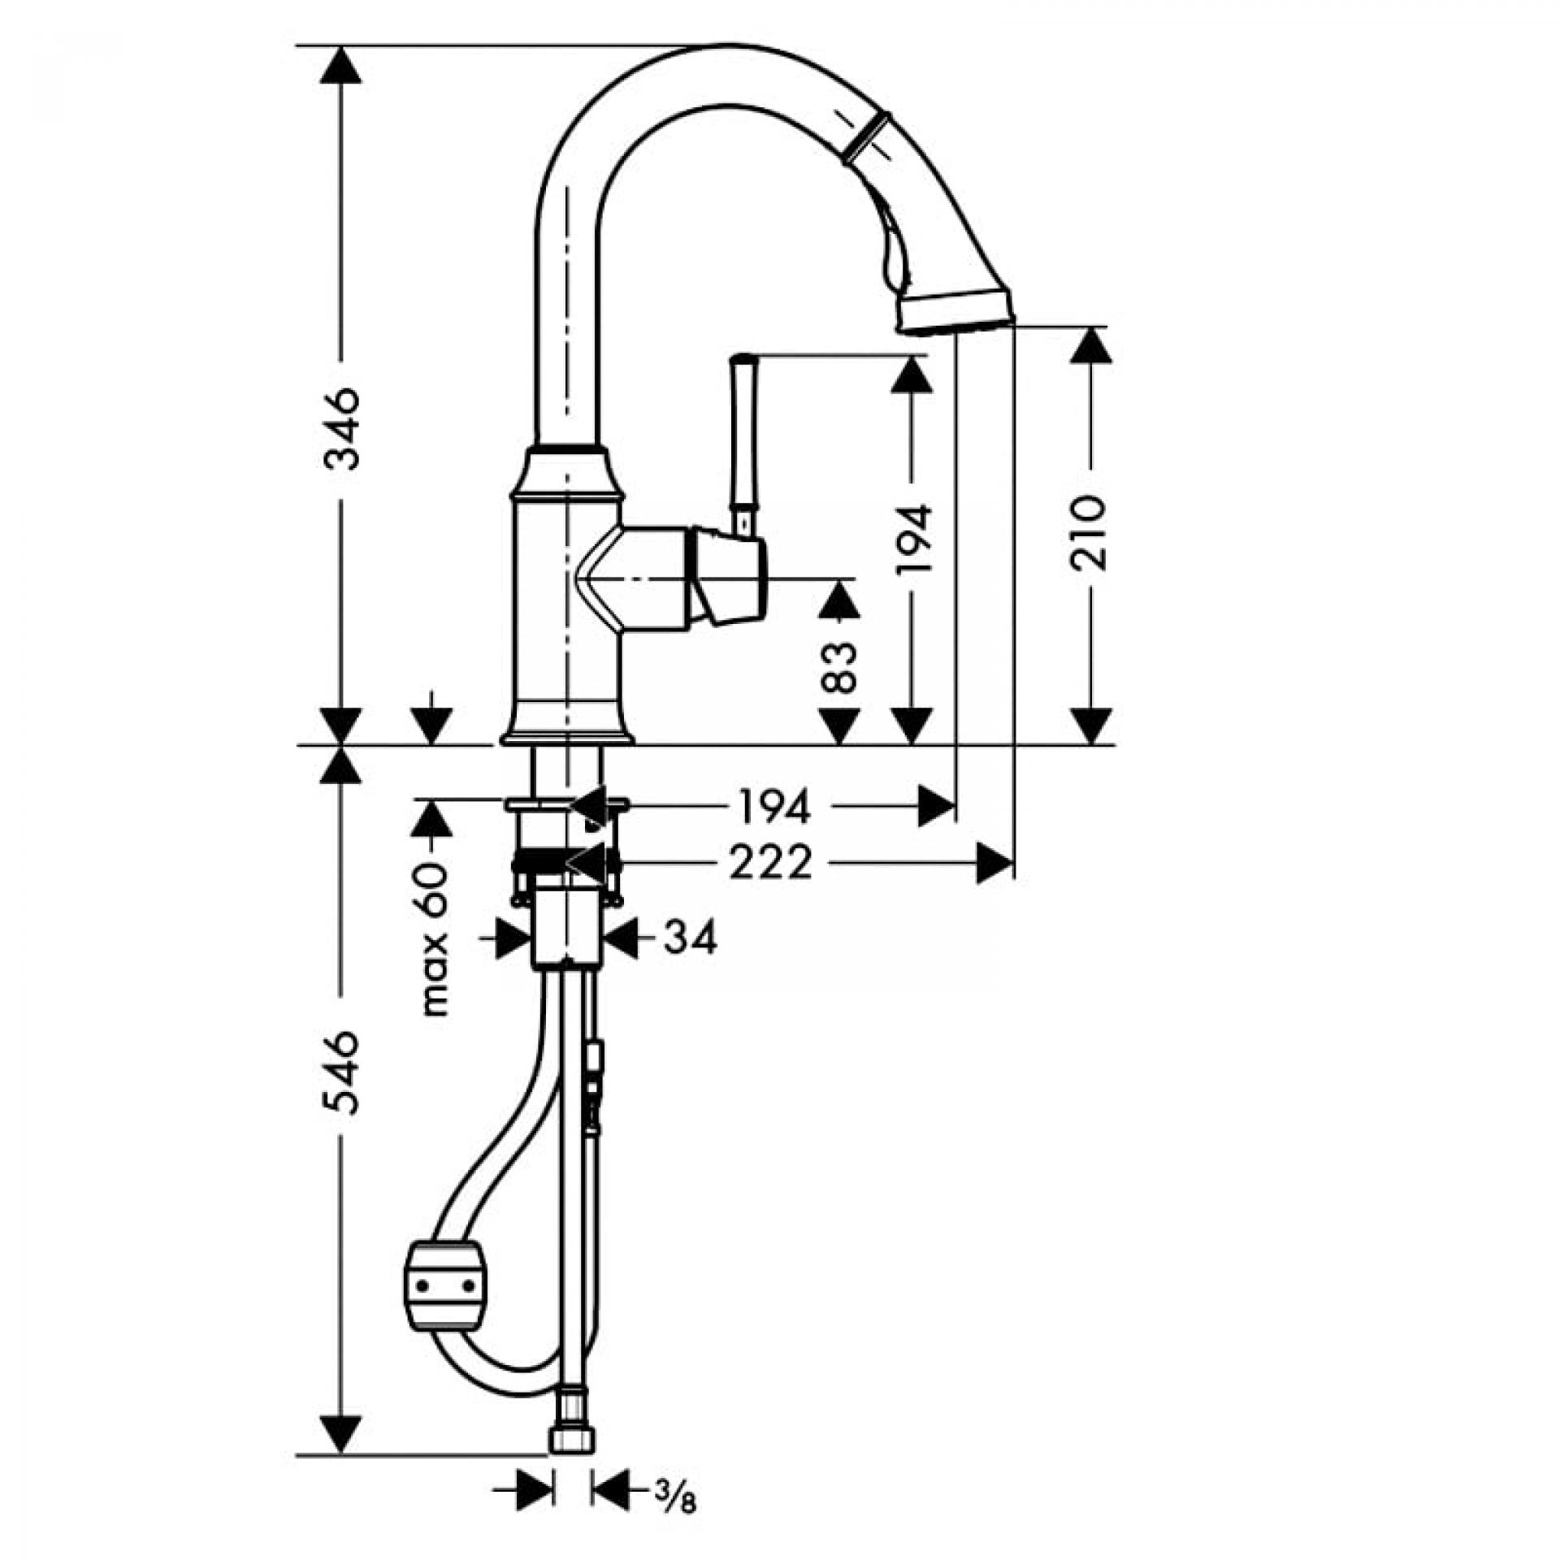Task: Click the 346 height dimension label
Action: [x=341, y=429]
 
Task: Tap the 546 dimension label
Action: [x=341, y=1072]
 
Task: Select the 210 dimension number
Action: [x=1089, y=533]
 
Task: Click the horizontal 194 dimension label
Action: [x=775, y=807]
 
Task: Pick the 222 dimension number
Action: [x=771, y=862]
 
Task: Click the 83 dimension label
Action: [x=840, y=666]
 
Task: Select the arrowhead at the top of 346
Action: [x=340, y=64]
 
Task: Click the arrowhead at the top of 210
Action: [x=1090, y=345]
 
